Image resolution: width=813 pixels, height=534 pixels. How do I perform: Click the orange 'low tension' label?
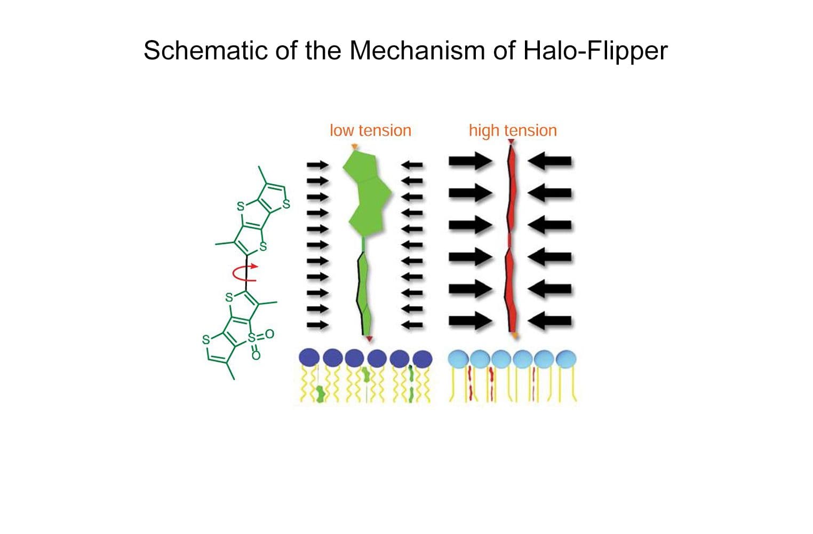(370, 130)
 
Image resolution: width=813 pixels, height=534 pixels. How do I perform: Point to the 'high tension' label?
(513, 130)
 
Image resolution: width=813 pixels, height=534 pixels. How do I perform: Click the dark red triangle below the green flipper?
(369, 339)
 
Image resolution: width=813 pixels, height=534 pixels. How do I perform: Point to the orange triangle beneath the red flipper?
(514, 335)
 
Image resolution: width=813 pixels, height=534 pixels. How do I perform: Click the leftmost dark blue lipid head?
(310, 357)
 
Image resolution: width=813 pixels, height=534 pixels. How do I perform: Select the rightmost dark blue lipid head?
(423, 359)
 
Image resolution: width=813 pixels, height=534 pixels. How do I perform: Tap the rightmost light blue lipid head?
(566, 359)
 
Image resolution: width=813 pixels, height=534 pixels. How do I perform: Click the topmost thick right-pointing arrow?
(470, 161)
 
